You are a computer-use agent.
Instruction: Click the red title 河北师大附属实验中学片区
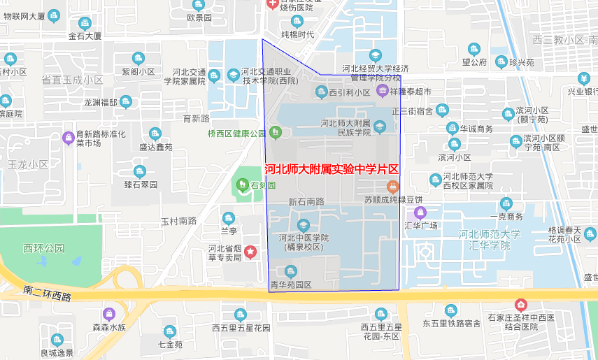pyautogui.click(x=332, y=169)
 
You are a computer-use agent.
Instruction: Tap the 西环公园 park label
pyautogui.click(x=43, y=248)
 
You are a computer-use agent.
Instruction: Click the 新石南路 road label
pyautogui.click(x=306, y=202)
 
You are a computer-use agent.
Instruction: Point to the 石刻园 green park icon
pyautogui.click(x=240, y=185)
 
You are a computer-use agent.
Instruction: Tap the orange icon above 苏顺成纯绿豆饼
pyautogui.click(x=392, y=186)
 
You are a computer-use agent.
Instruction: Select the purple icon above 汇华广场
pyautogui.click(x=420, y=213)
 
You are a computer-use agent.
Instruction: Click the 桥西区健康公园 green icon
pyautogui.click(x=275, y=131)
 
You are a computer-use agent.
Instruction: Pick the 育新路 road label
pyautogui.click(x=196, y=118)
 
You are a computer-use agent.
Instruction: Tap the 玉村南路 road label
pyautogui.click(x=179, y=221)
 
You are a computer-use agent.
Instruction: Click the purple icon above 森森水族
pyautogui.click(x=108, y=314)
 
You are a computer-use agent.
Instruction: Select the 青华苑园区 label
pyautogui.click(x=290, y=285)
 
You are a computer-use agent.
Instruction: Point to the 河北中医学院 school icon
pyautogui.click(x=303, y=225)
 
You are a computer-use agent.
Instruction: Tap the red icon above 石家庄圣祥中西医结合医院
pyautogui.click(x=520, y=305)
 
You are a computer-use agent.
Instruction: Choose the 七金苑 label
pyautogui.click(x=169, y=345)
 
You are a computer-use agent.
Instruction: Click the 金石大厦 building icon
pyautogui.click(x=85, y=23)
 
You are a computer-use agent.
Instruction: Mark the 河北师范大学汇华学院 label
pyautogui.click(x=490, y=240)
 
